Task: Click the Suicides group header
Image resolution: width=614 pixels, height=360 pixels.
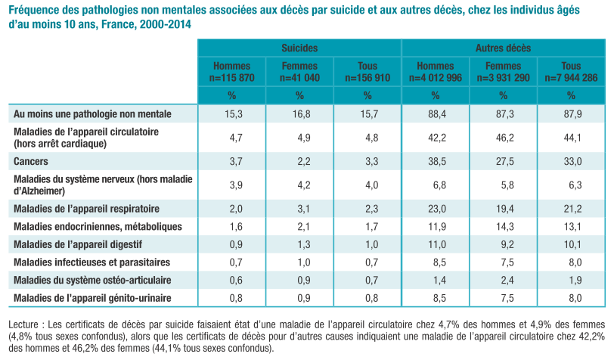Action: tap(299, 48)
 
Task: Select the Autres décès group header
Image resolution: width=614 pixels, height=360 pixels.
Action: tap(503, 48)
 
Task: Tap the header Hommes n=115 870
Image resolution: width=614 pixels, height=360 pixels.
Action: tap(232, 72)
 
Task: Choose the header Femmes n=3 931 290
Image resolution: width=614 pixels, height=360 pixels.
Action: tap(503, 72)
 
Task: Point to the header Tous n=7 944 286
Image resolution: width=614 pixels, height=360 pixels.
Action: tap(571, 72)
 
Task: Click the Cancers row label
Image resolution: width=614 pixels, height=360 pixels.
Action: tap(31, 161)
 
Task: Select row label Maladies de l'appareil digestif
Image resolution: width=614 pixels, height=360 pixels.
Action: tap(78, 244)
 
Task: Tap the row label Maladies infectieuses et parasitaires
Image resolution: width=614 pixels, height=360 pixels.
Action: tap(92, 262)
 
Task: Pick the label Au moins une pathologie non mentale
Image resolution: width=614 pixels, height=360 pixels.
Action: tap(92, 114)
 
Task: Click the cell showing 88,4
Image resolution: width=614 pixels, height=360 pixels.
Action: tap(437, 114)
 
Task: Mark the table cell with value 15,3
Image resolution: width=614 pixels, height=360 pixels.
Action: tap(234, 114)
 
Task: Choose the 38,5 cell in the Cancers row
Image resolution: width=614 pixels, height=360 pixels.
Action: tap(437, 161)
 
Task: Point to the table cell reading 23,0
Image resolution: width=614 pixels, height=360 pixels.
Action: tap(437, 209)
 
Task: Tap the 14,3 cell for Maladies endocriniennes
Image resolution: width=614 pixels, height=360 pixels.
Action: tap(505, 227)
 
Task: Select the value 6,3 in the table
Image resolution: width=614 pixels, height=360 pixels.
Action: tap(575, 185)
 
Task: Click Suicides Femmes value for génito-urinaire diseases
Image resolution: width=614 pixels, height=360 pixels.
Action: tap(304, 298)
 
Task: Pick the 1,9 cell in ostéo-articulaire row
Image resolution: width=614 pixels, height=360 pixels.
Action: tap(575, 280)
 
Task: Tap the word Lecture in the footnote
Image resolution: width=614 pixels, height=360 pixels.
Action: tap(23, 324)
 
